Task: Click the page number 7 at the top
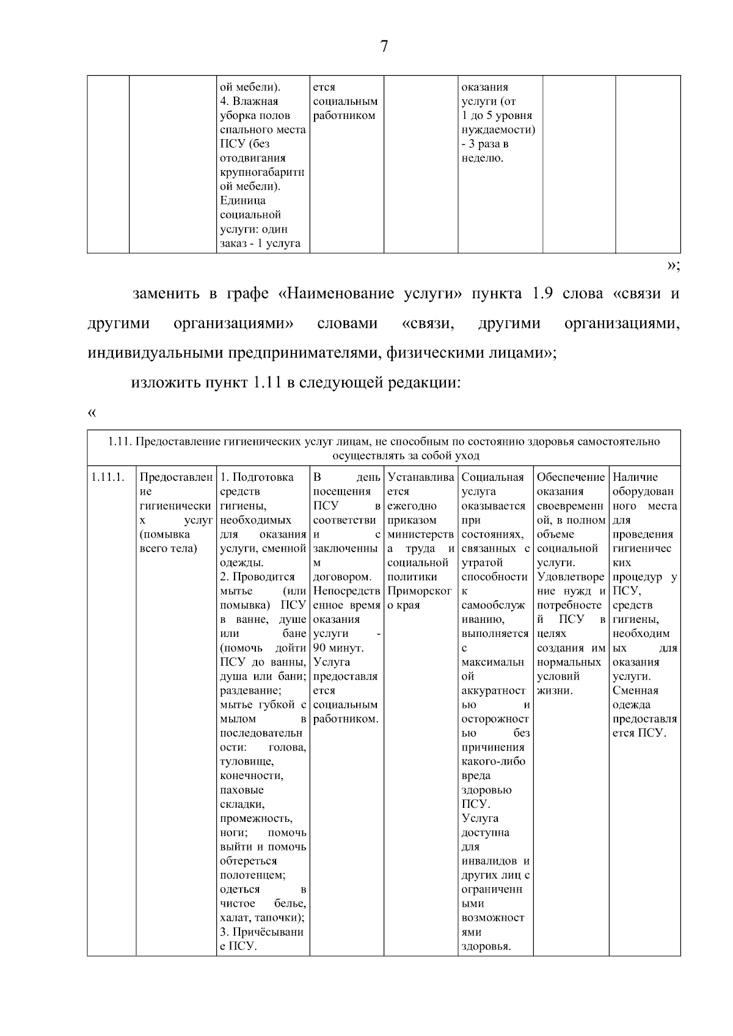point(384,47)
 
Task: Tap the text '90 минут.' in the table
point(338,648)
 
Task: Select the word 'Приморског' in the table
point(420,591)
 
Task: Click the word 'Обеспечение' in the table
point(571,477)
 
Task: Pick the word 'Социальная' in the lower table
point(492,477)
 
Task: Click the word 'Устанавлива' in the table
point(420,477)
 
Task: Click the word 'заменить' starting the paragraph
point(166,293)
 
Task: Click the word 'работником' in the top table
point(344,116)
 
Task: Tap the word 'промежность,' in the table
point(256,819)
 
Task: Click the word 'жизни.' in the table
point(555,691)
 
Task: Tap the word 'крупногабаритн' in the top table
point(262,173)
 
